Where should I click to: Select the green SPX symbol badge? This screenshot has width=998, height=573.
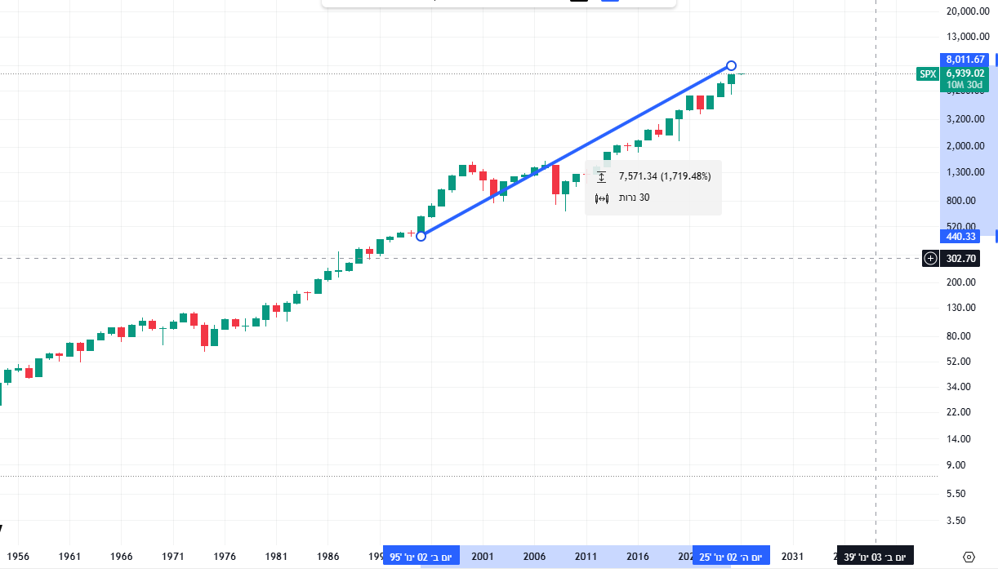point(928,73)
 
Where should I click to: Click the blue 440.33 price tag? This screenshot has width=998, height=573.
point(962,237)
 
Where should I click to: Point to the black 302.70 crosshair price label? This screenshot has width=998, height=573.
point(960,259)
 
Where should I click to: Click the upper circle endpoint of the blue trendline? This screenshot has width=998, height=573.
point(732,65)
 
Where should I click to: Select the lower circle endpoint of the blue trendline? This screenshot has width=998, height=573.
point(421,236)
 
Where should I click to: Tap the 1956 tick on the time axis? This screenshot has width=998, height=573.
point(18,557)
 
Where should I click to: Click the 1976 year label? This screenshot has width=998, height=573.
point(225,557)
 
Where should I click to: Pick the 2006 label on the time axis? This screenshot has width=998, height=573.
point(534,557)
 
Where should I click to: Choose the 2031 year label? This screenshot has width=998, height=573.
point(792,557)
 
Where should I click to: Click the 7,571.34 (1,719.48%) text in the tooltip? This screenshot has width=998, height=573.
point(665,176)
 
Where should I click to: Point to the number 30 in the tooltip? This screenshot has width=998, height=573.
point(644,198)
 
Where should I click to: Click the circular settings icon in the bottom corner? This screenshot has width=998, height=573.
point(969,557)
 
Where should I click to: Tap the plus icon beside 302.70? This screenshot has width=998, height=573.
point(930,259)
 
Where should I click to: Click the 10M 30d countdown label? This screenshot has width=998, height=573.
point(965,84)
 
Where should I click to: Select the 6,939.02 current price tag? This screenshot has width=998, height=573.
point(965,73)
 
